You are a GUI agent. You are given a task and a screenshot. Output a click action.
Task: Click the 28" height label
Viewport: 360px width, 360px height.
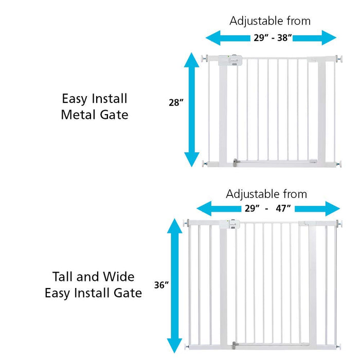coord(176,102)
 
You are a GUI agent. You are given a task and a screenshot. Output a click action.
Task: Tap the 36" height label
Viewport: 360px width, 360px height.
coord(161,284)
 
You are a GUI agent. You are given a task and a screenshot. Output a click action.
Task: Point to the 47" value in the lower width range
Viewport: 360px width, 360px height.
coord(282,208)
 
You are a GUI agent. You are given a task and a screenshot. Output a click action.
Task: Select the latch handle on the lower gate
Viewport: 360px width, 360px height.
coord(227,224)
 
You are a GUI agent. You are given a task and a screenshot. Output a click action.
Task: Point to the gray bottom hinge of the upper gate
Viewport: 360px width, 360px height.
coord(236,163)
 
